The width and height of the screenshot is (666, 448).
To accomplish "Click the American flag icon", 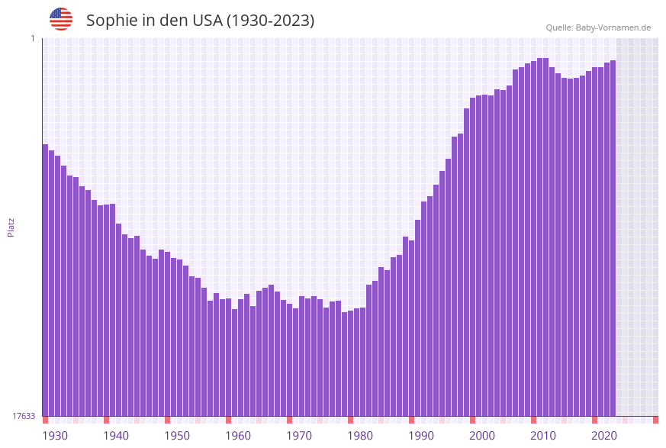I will (x=61, y=19).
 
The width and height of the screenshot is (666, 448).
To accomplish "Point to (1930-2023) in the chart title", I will (x=270, y=21).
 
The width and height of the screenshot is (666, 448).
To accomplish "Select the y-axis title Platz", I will (x=11, y=227).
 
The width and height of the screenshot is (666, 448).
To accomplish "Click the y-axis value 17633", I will (x=24, y=416).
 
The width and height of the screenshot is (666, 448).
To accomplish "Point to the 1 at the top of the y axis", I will (x=33, y=38).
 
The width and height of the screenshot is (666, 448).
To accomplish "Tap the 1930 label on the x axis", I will (x=55, y=436).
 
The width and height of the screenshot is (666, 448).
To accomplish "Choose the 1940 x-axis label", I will (x=116, y=436).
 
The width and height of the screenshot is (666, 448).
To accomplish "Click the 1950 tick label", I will (x=177, y=436).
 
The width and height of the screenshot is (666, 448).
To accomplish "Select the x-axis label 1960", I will (x=238, y=436).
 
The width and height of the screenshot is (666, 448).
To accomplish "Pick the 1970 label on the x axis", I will (x=299, y=436).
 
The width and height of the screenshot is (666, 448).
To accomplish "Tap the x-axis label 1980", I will (x=360, y=436).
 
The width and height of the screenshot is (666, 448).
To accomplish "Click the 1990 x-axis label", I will (x=421, y=436).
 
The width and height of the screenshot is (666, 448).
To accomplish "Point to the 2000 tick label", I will (x=482, y=436).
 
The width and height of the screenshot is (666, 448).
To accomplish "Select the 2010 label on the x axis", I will (x=543, y=436).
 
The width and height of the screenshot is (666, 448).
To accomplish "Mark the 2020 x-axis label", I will (x=604, y=436).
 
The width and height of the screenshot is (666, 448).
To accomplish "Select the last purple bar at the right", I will (x=613, y=237).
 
